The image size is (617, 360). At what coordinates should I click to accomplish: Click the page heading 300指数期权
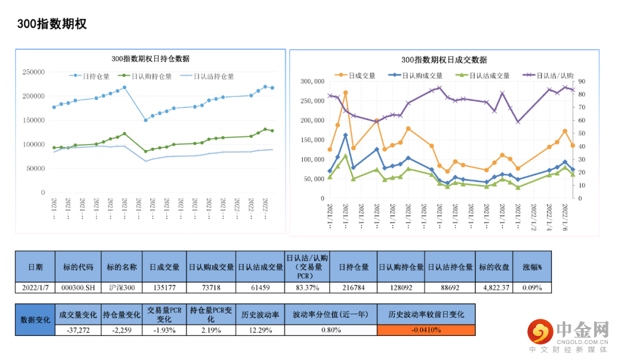click(x=51, y=23)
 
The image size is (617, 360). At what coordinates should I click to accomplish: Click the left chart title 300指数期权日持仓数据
click(x=150, y=59)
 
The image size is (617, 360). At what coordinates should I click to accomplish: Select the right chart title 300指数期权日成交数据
click(x=444, y=60)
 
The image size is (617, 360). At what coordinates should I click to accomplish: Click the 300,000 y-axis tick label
click(x=312, y=81)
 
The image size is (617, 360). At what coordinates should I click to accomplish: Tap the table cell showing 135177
click(x=165, y=287)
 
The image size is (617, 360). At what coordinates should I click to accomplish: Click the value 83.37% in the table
click(x=307, y=287)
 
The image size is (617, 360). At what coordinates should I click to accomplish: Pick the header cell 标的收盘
click(x=494, y=267)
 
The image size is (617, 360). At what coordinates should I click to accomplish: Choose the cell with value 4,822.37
click(x=494, y=287)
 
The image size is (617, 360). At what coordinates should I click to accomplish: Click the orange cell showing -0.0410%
click(x=426, y=330)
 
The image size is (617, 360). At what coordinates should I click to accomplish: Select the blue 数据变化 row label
click(x=35, y=319)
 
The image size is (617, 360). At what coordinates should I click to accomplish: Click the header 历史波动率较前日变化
click(x=426, y=314)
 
